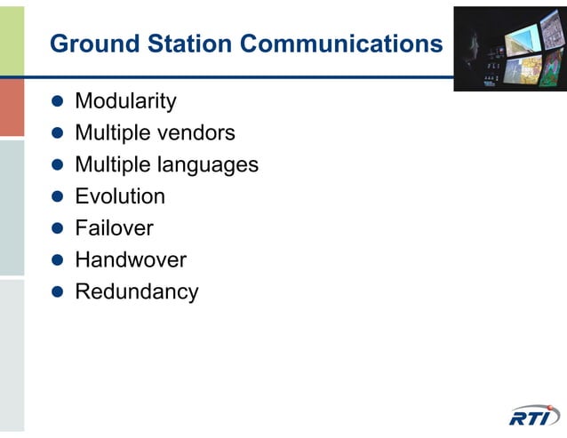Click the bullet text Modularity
pos(125,101)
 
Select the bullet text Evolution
pos(120,196)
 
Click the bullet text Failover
pos(114,228)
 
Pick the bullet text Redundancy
pos(137,291)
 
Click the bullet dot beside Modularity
pos(59,102)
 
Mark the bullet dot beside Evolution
pos(59,197)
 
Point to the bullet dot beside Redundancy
pos(59,292)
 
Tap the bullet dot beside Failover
pos(59,229)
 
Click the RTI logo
pos(535,416)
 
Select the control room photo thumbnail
pos(509,48)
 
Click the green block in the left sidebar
pos(12,38)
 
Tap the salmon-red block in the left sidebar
pos(12,107)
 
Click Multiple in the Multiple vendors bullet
pos(112,133)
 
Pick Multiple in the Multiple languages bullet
pos(112,165)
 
